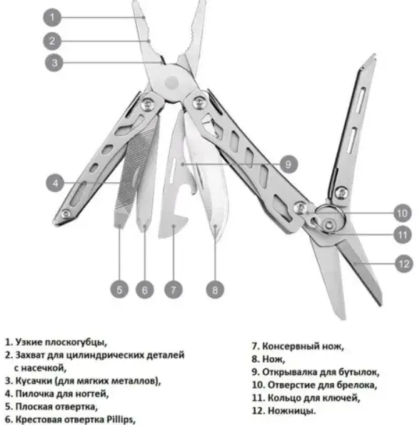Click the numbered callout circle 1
[52, 18]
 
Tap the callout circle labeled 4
[55, 183]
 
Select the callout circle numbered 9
[288, 164]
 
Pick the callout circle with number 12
[404, 264]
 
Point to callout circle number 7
[174, 290]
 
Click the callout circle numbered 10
[402, 213]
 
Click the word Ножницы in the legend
[291, 411]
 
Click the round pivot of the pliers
[172, 82]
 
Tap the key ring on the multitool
[331, 219]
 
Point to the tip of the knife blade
[215, 239]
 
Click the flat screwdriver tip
[119, 224]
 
